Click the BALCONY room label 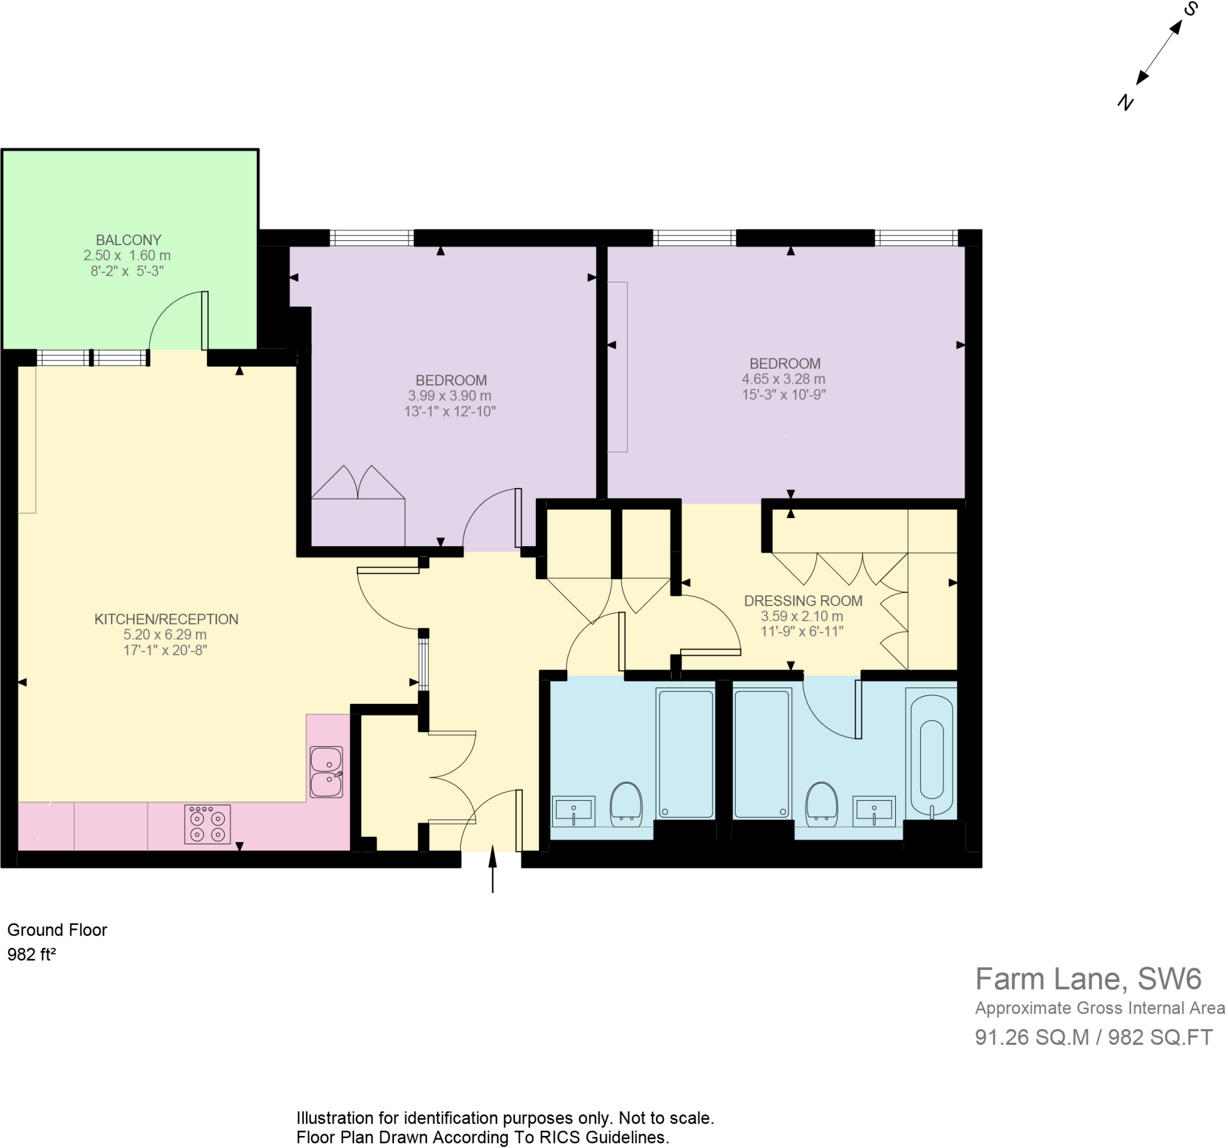tap(128, 240)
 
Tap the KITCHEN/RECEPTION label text tap(166, 619)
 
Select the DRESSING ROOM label tap(802, 601)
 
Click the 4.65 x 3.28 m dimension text tap(783, 379)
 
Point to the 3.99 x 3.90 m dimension tap(450, 396)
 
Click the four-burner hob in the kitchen tap(207, 824)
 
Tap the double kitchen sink tap(326, 772)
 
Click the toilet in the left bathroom tap(627, 804)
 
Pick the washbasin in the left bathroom tap(574, 811)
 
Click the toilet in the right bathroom tap(822, 804)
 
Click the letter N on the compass tap(1125, 102)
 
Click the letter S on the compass tap(1191, 8)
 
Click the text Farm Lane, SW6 tap(1088, 978)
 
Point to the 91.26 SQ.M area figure tap(1031, 1037)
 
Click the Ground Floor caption tap(58, 929)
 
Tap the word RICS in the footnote tap(560, 1137)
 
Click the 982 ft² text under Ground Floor tap(32, 954)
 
